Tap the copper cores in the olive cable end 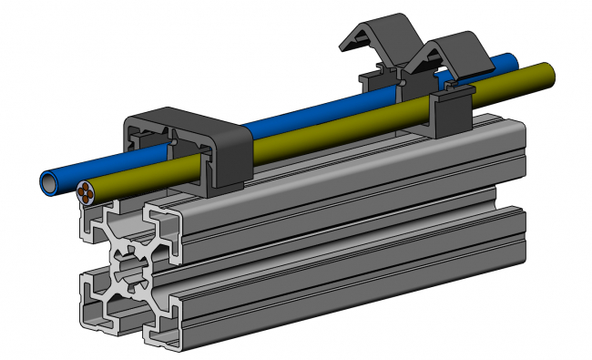[x=86, y=192]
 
